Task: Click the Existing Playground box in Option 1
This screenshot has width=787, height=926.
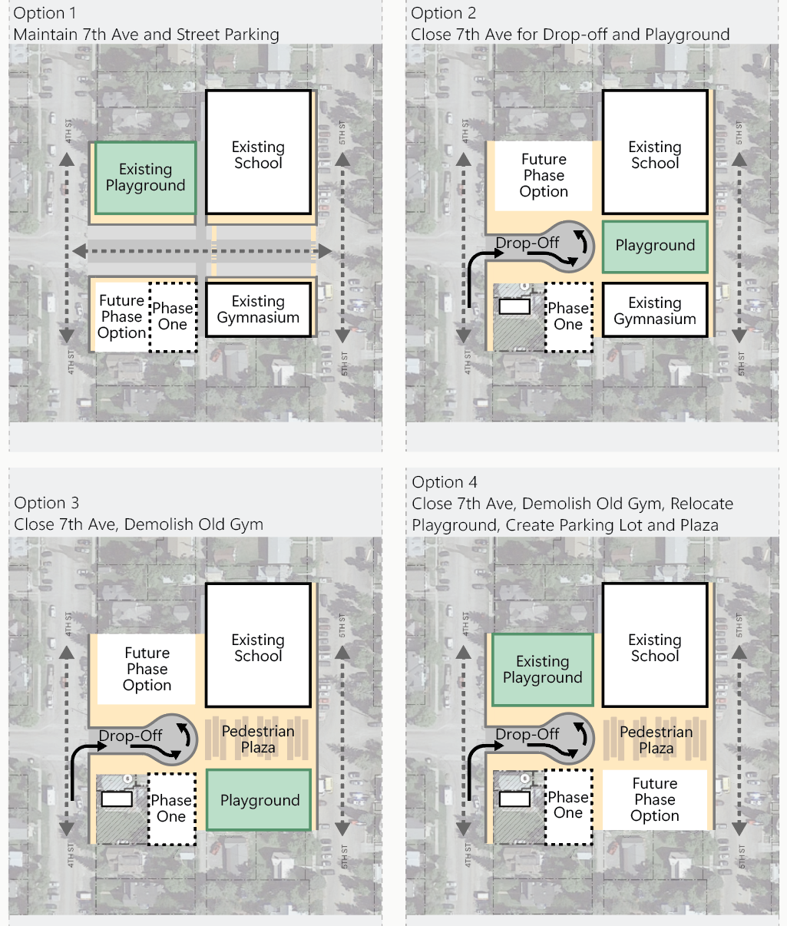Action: coord(145,177)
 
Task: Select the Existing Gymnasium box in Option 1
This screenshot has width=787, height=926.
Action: coord(258,309)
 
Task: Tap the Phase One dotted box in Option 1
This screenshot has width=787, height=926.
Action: coord(173,316)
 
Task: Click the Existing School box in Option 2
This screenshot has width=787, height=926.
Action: coord(655,152)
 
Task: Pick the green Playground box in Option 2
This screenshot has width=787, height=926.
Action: coord(655,246)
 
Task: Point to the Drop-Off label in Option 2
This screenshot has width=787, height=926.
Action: coord(527,243)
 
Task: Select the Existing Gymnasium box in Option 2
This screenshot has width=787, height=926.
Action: coord(655,310)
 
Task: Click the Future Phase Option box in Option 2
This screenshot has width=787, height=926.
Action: coord(544,176)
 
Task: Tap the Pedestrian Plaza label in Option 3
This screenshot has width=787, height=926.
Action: coord(258,739)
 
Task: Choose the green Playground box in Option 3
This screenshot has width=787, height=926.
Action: coord(260,800)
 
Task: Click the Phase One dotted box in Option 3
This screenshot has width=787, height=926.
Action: coord(171,809)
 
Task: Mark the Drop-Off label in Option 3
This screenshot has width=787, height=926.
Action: coord(131,736)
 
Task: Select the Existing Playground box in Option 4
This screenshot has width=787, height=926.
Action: coord(542,670)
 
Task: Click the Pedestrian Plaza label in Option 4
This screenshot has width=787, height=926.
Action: coord(656,739)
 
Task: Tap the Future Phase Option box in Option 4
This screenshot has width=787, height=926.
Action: coord(655,799)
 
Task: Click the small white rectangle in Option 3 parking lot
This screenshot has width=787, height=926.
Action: coord(117,799)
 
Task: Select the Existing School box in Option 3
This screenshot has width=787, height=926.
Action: coord(258,647)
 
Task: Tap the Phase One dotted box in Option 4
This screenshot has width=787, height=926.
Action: coord(568,805)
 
